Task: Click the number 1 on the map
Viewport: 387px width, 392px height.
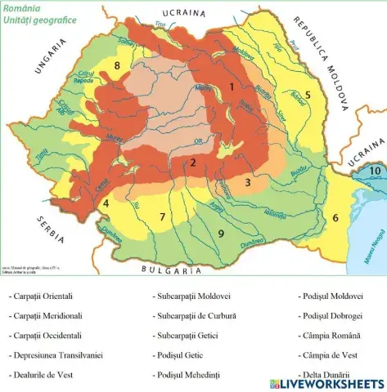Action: (232, 86)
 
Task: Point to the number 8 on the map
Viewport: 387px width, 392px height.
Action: (117, 65)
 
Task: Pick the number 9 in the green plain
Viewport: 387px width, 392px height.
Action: (220, 234)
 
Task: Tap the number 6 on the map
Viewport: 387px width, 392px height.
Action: (335, 217)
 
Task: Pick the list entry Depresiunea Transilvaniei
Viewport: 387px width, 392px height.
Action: (55, 355)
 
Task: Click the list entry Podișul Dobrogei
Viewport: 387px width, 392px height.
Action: (331, 315)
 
